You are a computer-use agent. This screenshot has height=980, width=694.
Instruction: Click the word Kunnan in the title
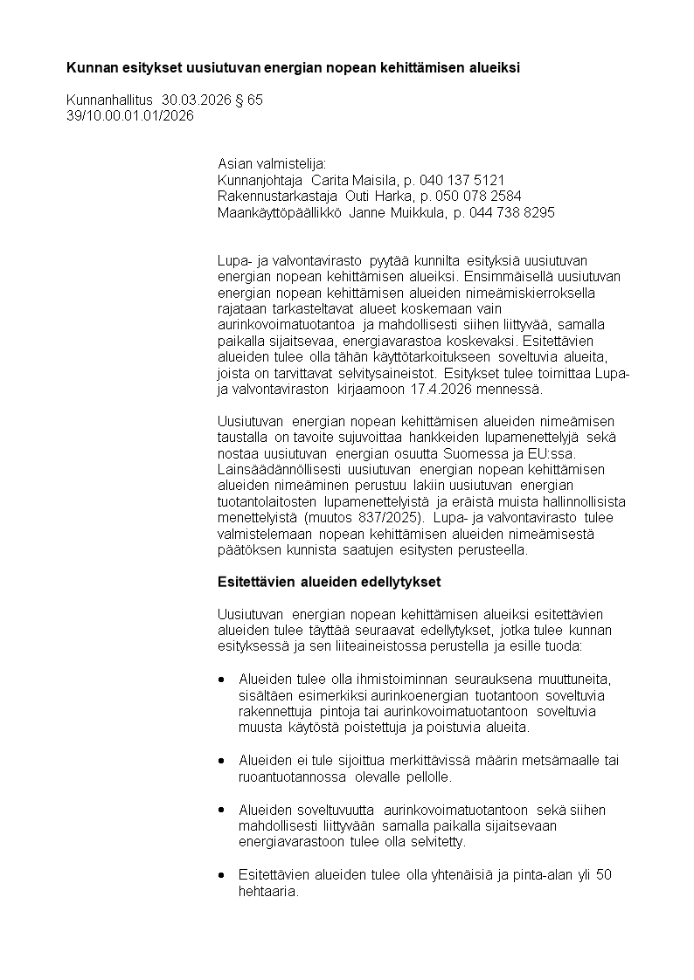point(90,67)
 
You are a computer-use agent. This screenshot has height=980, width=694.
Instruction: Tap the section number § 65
point(249,100)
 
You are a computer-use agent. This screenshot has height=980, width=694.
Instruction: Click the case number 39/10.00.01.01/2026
point(130,115)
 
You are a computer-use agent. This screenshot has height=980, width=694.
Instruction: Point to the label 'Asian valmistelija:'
point(271,163)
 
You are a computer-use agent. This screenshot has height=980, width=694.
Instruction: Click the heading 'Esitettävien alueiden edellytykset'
point(329,582)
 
